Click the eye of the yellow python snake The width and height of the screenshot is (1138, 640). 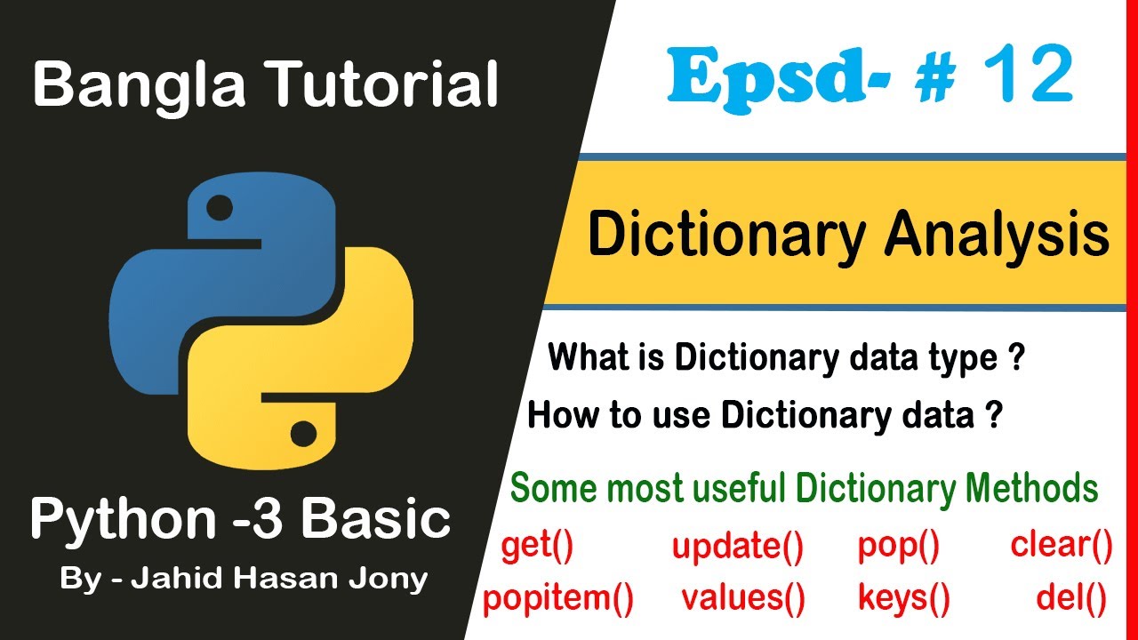[x=303, y=435]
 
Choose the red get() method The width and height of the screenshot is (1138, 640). [x=538, y=547]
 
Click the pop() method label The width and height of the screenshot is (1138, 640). [x=899, y=547]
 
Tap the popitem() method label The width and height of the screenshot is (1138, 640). [x=558, y=600]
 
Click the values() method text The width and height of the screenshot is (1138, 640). [x=743, y=600]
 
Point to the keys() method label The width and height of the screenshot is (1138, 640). [x=904, y=600]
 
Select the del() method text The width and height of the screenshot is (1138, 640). [x=1071, y=600]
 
